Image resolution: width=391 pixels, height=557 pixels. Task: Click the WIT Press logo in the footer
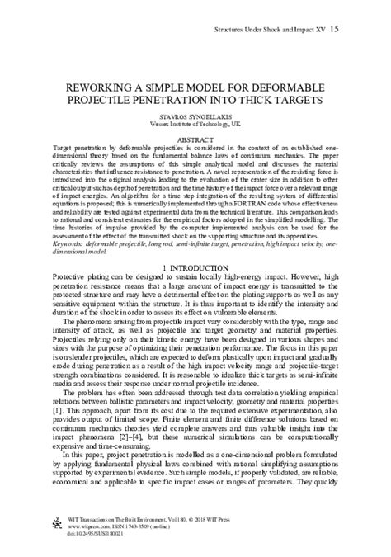click(x=59, y=528)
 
